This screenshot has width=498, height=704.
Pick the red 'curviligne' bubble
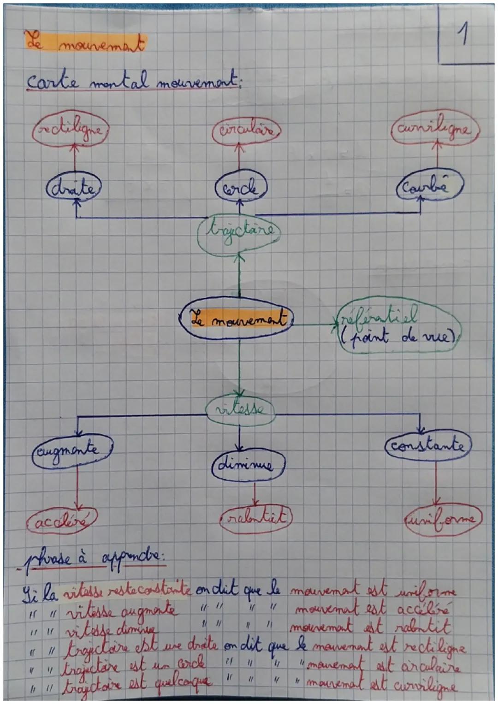(435, 129)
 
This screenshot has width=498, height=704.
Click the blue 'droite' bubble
(74, 189)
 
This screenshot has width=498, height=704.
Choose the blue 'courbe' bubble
(429, 188)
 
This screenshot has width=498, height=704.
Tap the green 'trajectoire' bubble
(238, 231)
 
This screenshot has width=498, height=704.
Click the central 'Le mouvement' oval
(237, 319)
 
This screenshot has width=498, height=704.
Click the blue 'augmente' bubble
(72, 450)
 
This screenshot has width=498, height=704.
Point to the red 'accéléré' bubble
(61, 521)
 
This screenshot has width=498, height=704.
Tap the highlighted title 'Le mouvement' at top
(85, 45)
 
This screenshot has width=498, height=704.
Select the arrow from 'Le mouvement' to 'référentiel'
(314, 325)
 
